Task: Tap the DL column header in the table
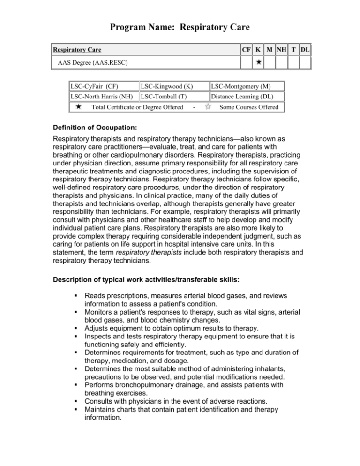306,49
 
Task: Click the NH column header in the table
281,49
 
